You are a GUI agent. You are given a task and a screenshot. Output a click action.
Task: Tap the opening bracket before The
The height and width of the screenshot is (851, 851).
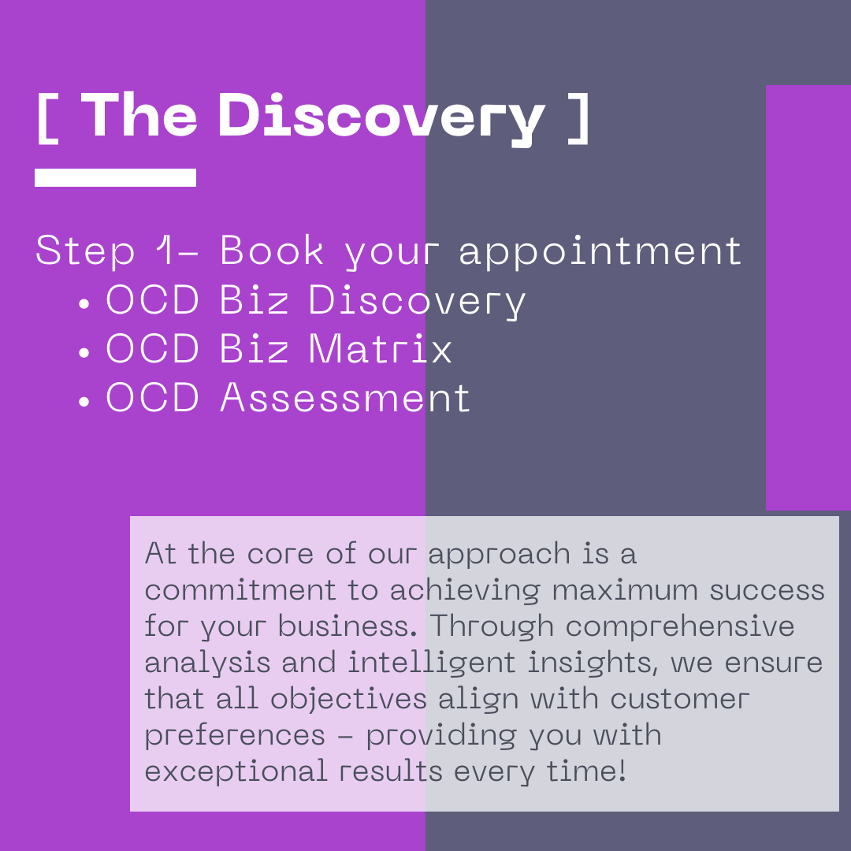pyautogui.click(x=47, y=117)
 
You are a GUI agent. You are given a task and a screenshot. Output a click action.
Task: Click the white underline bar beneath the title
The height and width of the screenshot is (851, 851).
pyautogui.click(x=115, y=177)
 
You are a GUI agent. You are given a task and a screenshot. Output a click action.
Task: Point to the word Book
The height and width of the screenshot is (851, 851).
pyautogui.click(x=272, y=251)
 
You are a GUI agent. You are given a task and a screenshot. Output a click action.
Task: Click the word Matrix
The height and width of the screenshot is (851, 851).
pyautogui.click(x=380, y=349)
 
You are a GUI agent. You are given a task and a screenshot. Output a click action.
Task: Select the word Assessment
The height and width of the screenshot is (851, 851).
pyautogui.click(x=345, y=398)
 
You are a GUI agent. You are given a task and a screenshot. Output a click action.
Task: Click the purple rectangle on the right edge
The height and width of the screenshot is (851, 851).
pyautogui.click(x=808, y=298)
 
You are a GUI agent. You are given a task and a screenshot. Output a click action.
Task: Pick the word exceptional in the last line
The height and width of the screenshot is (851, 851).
pyautogui.click(x=236, y=771)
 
